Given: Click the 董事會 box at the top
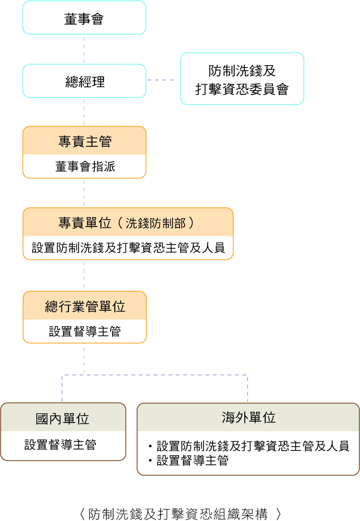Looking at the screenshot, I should [84, 18].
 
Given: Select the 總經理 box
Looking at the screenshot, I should [84, 81].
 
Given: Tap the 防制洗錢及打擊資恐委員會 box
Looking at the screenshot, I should [242, 79].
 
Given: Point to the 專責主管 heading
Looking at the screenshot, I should [84, 141].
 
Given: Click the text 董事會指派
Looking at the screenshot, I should [84, 166].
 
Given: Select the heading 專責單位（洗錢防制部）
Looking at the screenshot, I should [127, 223].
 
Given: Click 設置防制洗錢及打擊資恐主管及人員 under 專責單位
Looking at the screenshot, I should [128, 247].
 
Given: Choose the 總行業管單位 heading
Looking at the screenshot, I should [84, 306].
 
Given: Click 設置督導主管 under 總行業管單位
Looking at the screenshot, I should [84, 331].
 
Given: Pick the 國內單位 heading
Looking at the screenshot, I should [62, 418].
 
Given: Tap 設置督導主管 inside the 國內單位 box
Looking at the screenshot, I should [60, 445].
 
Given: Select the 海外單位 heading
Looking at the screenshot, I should [248, 417].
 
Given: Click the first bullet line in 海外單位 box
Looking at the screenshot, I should [252, 446].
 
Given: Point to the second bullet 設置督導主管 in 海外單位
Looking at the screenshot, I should [192, 460].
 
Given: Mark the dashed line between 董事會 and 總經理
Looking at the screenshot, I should [84, 49].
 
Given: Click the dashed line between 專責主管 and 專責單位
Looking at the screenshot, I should [84, 193].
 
